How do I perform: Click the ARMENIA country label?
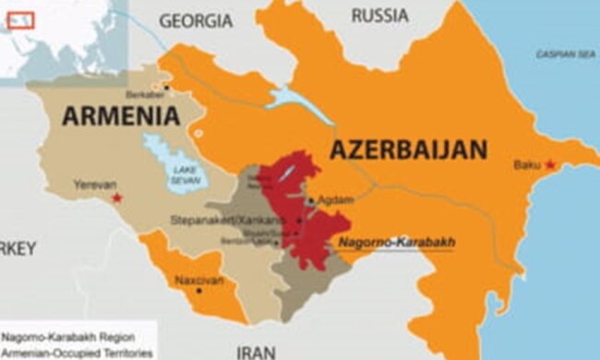click(x=120, y=116)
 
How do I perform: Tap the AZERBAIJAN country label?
click(x=408, y=149)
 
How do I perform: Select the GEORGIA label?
click(x=197, y=19)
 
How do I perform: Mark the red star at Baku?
click(x=552, y=165)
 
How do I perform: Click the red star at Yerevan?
click(x=116, y=198)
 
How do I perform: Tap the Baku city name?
click(x=527, y=166)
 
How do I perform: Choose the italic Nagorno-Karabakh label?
click(x=397, y=243)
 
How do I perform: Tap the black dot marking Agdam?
click(x=312, y=199)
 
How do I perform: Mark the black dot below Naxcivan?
click(x=198, y=290)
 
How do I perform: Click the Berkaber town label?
click(x=145, y=96)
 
